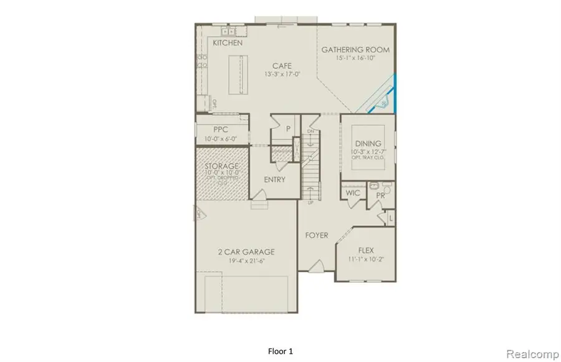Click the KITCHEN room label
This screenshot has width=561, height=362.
pos(228,43)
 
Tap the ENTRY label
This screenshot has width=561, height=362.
pos(275,180)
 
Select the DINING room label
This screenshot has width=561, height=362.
pos(367,143)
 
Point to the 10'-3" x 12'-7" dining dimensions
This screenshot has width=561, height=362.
pos(367,152)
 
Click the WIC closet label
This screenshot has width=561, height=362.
pos(353,193)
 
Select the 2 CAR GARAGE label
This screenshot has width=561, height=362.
pos(246,252)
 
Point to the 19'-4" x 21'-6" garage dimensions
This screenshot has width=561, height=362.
pos(246,261)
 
